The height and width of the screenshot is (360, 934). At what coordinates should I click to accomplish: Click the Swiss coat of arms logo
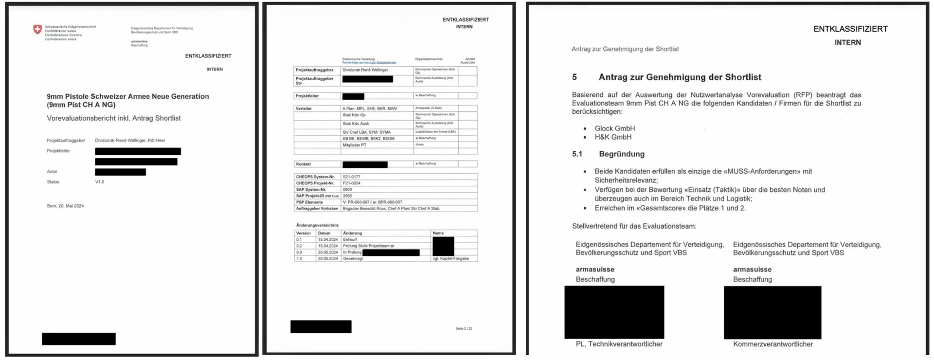(x=37, y=30)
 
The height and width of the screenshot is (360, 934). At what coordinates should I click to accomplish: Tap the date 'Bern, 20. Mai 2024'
(x=65, y=206)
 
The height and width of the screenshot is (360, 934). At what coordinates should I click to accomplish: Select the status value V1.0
(x=100, y=182)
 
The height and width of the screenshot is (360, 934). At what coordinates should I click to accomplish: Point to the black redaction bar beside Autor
(x=120, y=172)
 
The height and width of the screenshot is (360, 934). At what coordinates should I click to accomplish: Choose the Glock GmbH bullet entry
(x=614, y=128)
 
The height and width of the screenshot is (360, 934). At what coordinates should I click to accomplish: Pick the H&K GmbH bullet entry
(x=613, y=137)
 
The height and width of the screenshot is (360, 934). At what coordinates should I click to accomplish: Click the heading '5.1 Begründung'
(x=608, y=154)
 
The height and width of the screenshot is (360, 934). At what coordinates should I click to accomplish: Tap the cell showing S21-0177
(x=351, y=177)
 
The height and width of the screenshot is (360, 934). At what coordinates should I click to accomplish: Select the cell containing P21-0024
(x=352, y=183)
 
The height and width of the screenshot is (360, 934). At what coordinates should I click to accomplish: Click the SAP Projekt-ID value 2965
(x=347, y=196)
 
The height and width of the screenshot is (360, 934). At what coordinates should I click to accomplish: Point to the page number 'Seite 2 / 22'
(x=464, y=328)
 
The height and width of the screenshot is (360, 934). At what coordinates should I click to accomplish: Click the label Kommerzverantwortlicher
(x=772, y=344)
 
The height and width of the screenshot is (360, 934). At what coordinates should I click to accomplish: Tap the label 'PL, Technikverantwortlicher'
(x=619, y=344)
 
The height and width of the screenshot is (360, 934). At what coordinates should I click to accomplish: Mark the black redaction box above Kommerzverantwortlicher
(x=772, y=312)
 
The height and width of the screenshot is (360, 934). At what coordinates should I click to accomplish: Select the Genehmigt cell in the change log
(x=353, y=259)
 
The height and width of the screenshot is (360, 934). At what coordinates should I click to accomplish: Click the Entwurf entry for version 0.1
(x=350, y=239)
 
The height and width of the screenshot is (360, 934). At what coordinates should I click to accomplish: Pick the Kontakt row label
(x=304, y=164)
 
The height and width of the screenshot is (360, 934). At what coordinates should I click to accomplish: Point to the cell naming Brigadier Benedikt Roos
(x=391, y=208)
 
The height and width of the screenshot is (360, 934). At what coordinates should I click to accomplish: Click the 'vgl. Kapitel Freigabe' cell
(x=450, y=259)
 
